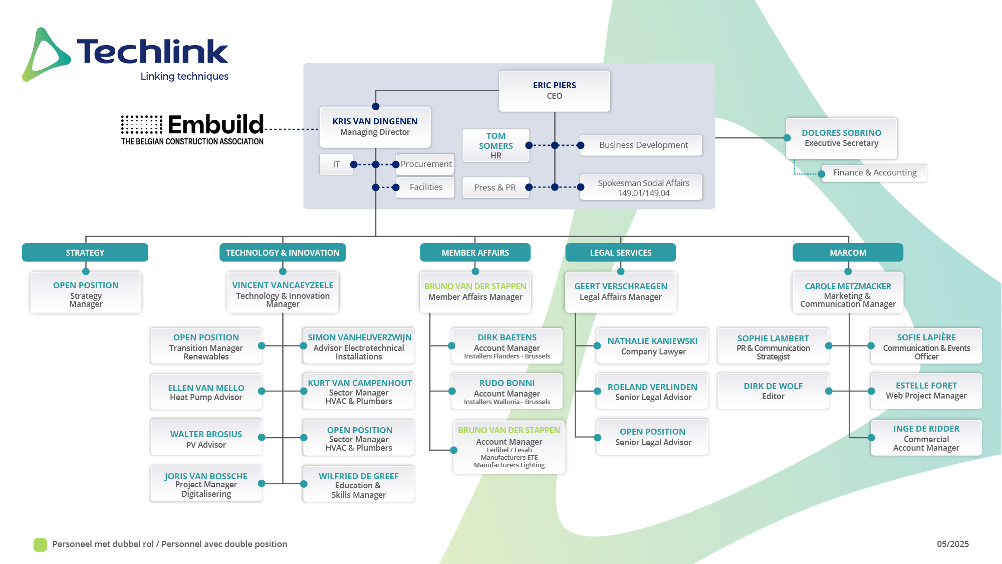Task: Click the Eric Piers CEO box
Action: pos(554,91)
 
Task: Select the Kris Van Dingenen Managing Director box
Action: pos(375,127)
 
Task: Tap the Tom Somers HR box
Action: pos(495,145)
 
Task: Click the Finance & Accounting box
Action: pos(874,173)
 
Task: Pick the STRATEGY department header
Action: pos(85,253)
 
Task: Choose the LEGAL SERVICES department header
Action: pos(621,253)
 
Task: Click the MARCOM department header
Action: pos(848,253)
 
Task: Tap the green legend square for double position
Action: pos(40,544)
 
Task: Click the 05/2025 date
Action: pos(953,544)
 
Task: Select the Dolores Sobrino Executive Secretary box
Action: pos(842,138)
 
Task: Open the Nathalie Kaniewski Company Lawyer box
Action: pos(652,346)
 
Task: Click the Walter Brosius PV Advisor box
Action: pos(206,438)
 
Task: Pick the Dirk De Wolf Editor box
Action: pos(773,391)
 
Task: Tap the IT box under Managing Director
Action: pos(336,164)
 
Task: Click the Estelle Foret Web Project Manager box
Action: pos(926,391)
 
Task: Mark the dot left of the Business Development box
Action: pos(581,145)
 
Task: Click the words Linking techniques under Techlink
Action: pos(184,77)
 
